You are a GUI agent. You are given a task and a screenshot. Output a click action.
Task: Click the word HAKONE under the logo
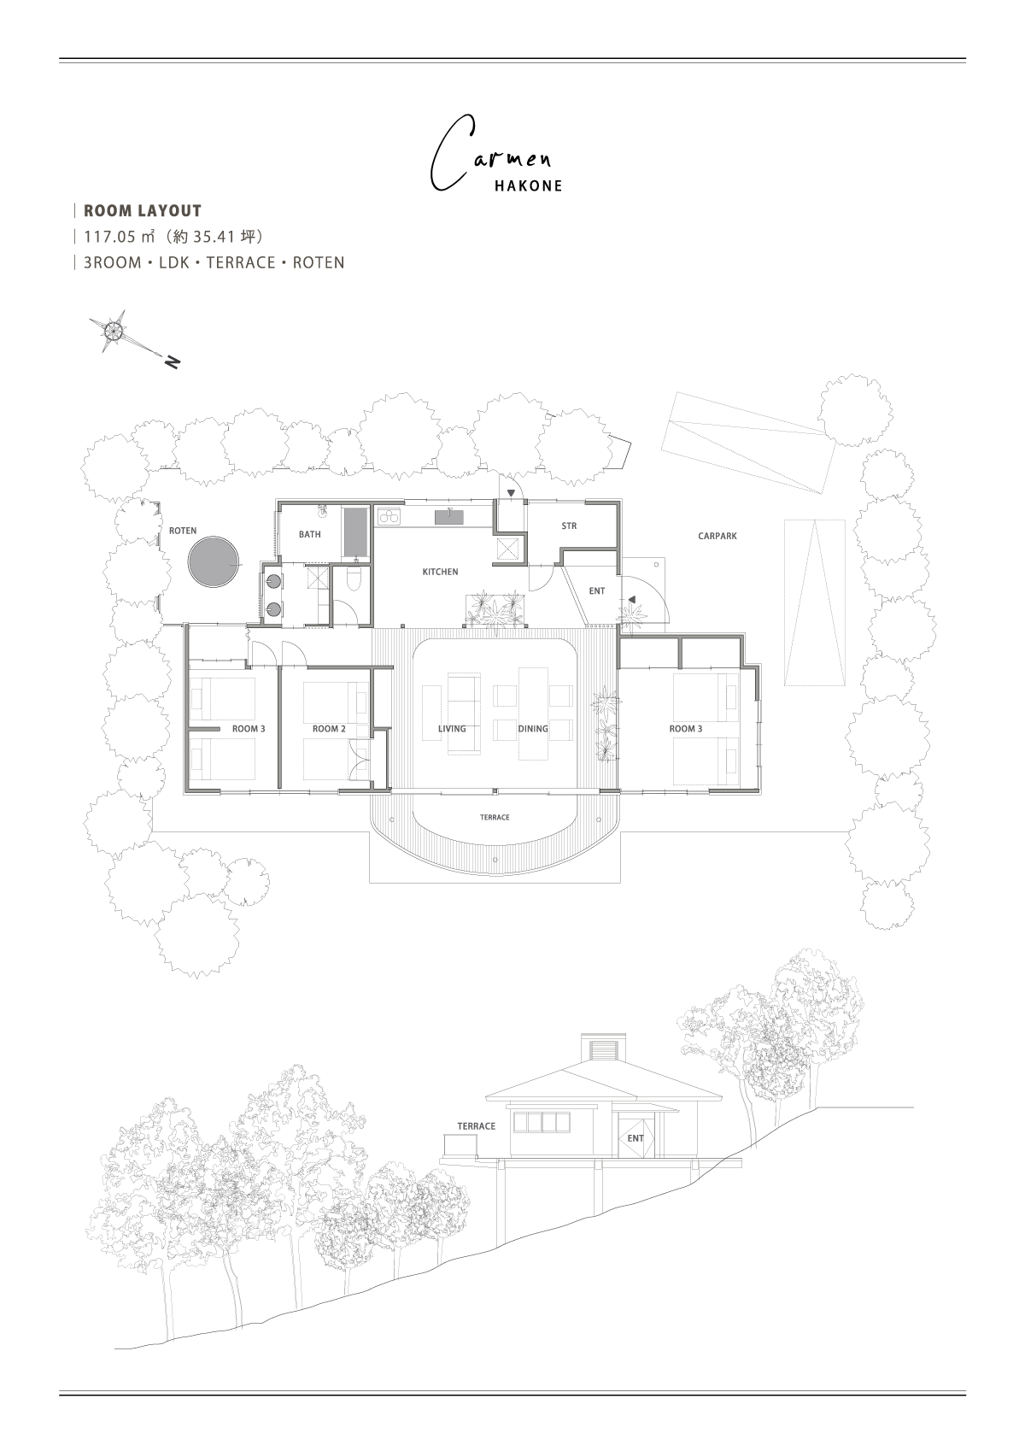pos(529,186)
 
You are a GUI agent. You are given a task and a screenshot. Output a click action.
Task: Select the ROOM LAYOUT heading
pos(143,211)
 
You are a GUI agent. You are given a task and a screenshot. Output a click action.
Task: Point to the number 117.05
pos(109,237)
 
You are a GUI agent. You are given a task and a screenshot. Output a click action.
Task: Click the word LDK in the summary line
pos(173,263)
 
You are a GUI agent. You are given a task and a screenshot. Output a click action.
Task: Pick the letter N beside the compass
pos(173,362)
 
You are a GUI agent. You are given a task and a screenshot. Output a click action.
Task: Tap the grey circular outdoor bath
pos(213,561)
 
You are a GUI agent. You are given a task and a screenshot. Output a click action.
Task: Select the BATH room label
pos(309,534)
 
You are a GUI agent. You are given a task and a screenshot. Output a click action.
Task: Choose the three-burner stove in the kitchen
pos(390,516)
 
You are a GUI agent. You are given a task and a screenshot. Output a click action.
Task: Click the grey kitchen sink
pos(449,516)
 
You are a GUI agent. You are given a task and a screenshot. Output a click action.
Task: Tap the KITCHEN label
pos(440,572)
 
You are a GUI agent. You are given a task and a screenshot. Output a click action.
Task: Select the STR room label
pos(569,526)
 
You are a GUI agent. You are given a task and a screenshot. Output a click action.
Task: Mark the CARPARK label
pos(717,537)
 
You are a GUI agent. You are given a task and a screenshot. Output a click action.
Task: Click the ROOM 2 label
pos(329,729)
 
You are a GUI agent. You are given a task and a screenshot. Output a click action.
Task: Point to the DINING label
pos(533,729)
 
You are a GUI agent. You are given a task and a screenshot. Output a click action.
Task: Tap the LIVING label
pos(452,729)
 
